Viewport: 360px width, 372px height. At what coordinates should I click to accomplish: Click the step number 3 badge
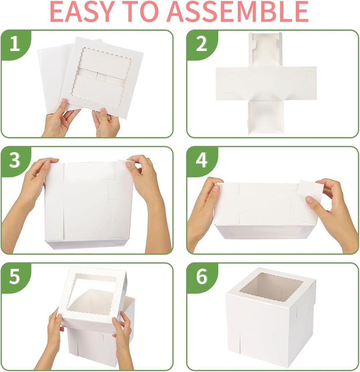pos(14,161)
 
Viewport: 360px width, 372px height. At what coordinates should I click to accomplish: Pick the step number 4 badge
pos(201,161)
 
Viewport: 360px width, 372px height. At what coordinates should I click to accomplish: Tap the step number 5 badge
pos(14,277)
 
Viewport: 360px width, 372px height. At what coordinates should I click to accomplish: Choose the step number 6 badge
pos(201,277)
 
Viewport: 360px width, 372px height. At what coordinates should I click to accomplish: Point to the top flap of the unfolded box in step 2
pos(265,49)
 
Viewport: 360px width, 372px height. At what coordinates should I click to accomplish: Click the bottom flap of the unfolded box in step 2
pos(265,117)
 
